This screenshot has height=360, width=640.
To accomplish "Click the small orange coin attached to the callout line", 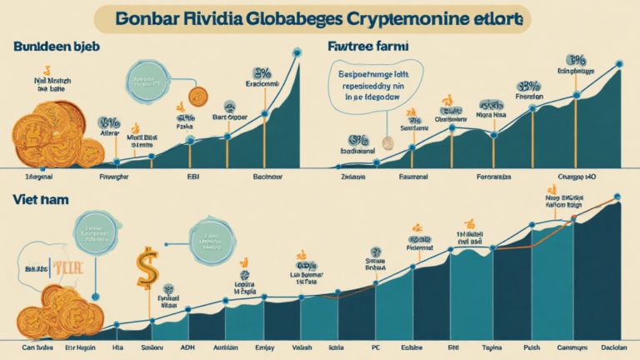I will [197, 96].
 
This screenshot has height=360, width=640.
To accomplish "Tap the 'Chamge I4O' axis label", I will [578, 176].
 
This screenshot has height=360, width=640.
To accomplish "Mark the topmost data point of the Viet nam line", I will [617, 200].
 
